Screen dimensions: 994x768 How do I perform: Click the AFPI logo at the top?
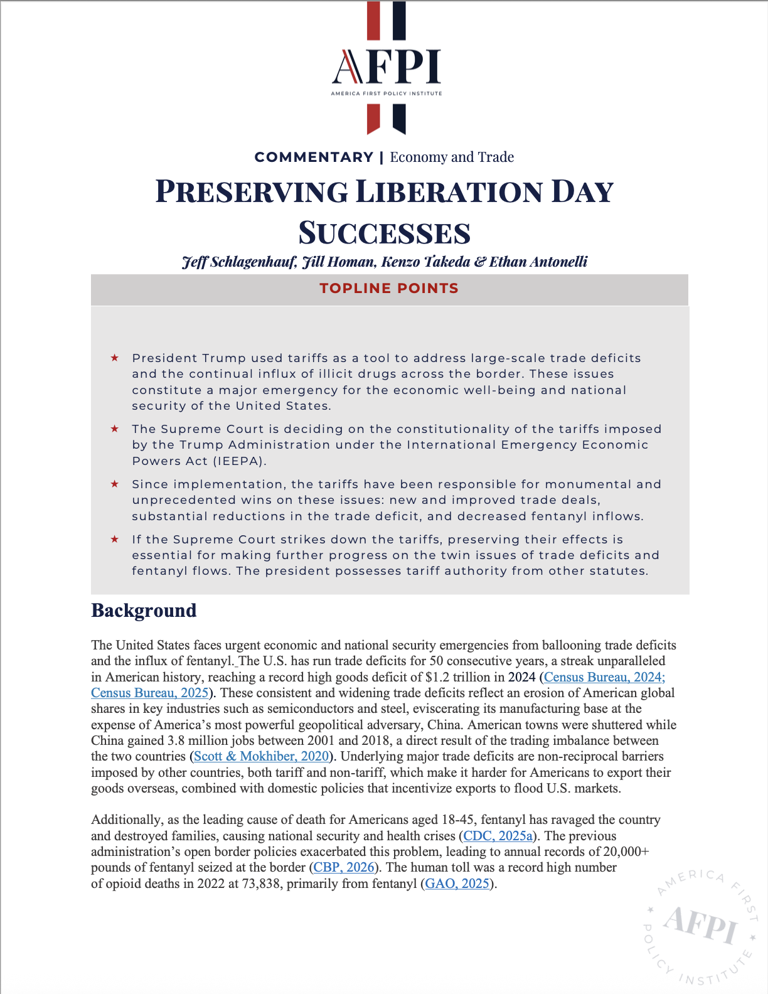click(387, 68)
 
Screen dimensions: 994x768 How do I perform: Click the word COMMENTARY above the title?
click(314, 157)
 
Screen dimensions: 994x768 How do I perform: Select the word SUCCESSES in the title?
click(384, 233)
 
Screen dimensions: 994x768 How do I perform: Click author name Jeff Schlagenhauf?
click(238, 262)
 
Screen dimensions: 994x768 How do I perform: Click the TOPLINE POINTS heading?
click(389, 289)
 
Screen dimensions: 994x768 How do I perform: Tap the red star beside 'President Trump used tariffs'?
click(115, 358)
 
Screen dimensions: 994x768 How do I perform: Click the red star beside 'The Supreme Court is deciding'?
click(115, 429)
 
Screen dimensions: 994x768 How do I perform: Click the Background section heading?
click(144, 611)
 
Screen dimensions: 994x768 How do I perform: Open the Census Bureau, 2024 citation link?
click(604, 677)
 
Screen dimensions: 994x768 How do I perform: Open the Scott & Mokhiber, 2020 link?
click(261, 756)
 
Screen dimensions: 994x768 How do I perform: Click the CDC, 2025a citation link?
click(498, 836)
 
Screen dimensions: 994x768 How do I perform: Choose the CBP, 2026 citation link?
click(344, 867)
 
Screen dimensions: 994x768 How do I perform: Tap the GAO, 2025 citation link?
click(457, 884)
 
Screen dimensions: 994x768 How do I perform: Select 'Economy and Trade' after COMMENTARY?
click(452, 157)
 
